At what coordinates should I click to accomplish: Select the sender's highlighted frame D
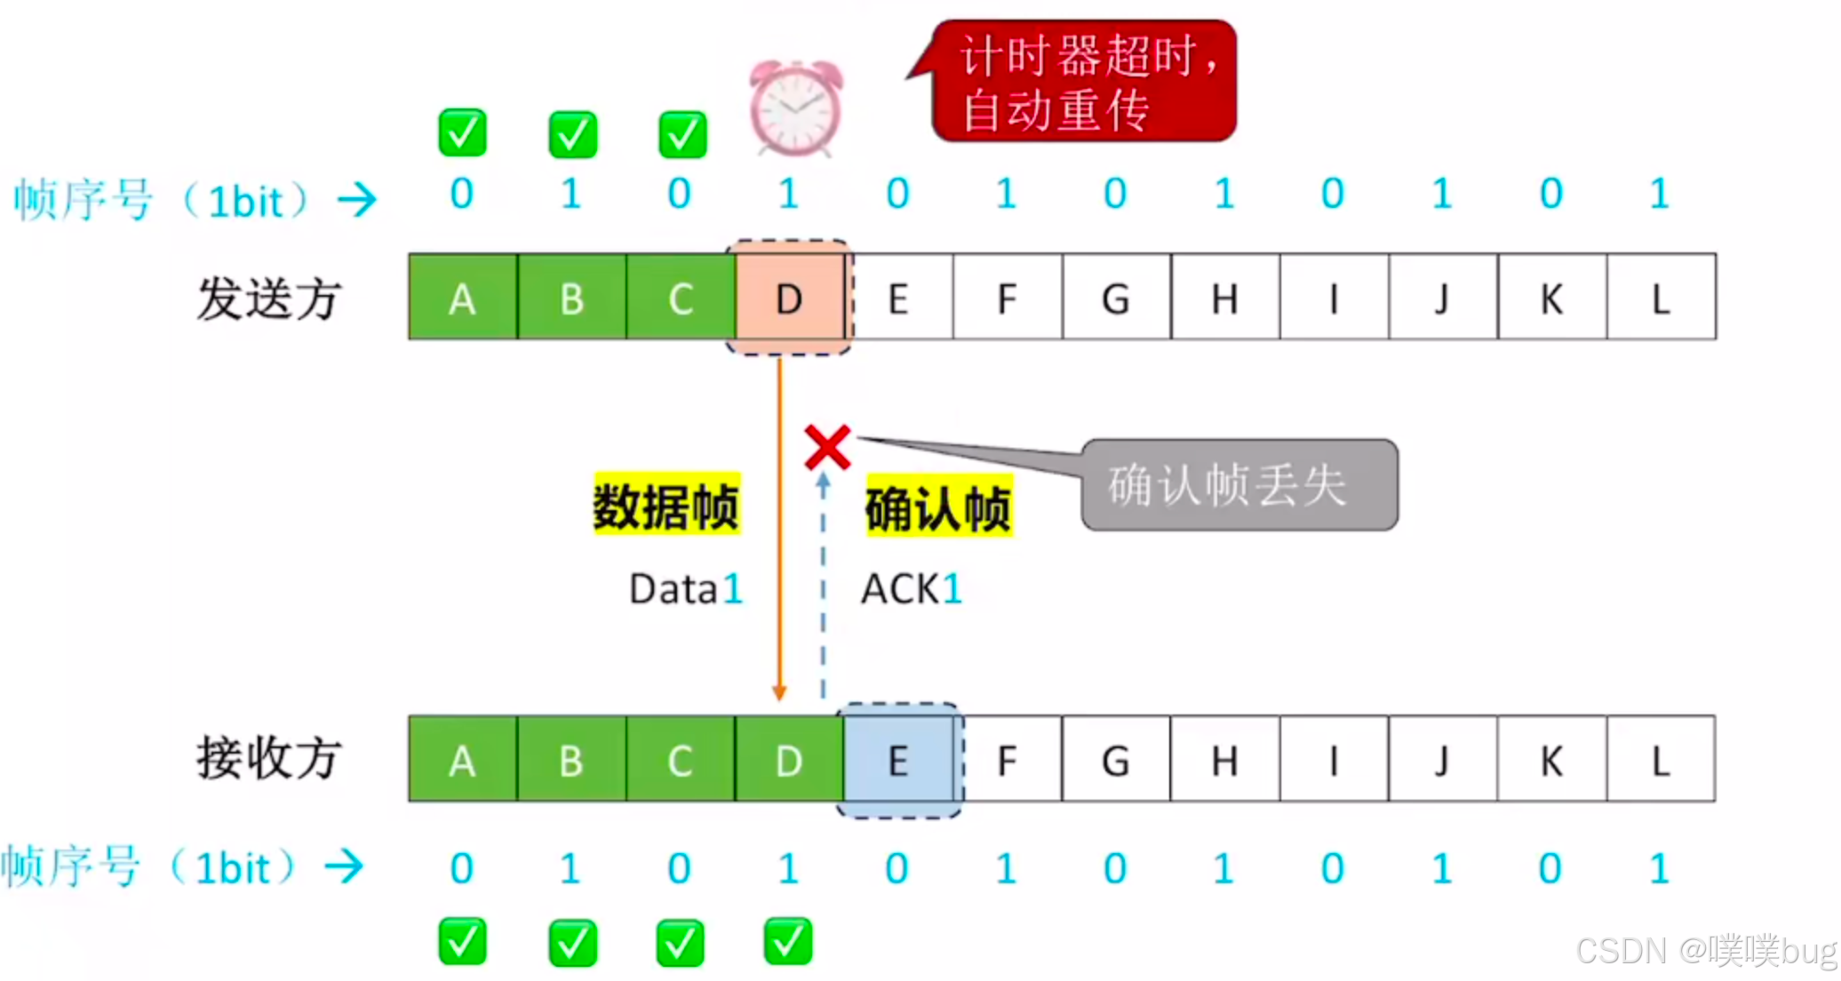[789, 298]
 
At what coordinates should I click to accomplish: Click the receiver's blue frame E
[898, 761]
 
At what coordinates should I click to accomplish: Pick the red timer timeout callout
[1084, 81]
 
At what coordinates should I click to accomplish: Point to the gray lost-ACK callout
[1239, 485]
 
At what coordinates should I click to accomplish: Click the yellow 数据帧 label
[666, 506]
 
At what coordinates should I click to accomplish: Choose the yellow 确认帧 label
[938, 507]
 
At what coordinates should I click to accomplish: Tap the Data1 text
[685, 589]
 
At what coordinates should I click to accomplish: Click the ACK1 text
[912, 589]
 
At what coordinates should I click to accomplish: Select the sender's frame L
[1661, 298]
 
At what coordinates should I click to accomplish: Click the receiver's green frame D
[789, 761]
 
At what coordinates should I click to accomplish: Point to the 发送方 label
[268, 298]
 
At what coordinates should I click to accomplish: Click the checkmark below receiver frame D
[788, 941]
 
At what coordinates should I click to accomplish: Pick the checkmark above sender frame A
[462, 132]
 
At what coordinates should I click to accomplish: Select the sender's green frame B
[571, 298]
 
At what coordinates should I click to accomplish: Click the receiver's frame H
[1224, 761]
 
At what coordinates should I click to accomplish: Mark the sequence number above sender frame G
[1115, 194]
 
